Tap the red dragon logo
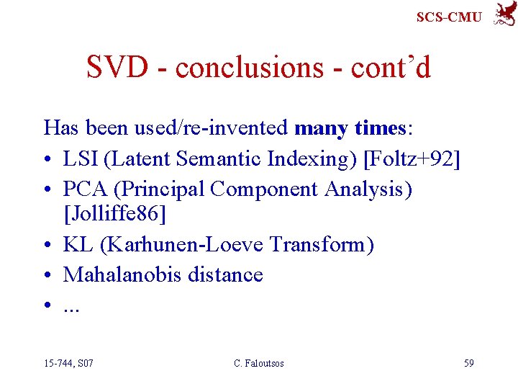[x=504, y=14]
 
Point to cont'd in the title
[x=391, y=68]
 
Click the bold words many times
[x=350, y=128]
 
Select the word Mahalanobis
[x=119, y=274]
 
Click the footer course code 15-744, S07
[x=68, y=363]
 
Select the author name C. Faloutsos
[x=259, y=363]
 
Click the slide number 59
[x=468, y=363]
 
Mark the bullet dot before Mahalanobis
[x=48, y=275]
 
